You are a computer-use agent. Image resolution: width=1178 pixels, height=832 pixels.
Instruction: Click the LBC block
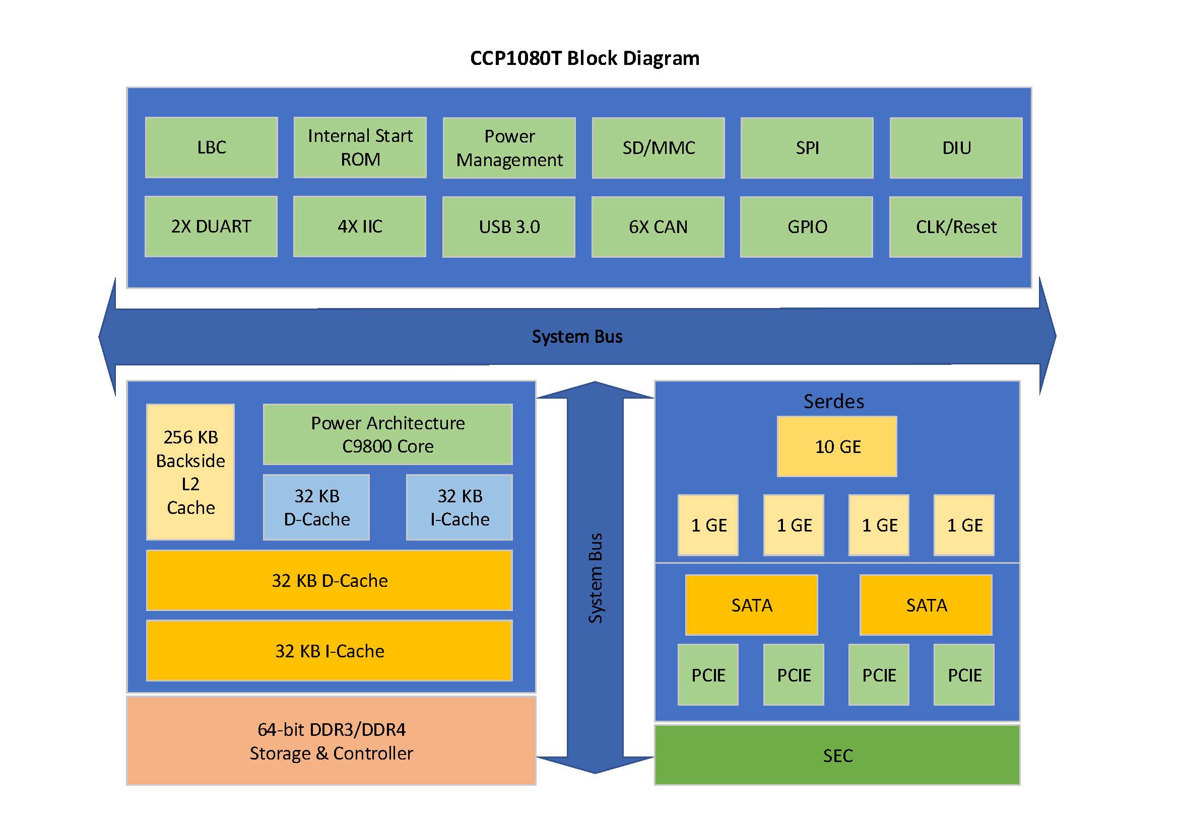212,147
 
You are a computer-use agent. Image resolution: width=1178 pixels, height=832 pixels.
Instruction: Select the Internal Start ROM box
360,147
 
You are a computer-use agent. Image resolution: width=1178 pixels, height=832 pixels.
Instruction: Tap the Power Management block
509,148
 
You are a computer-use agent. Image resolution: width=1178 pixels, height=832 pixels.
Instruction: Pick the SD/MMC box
658,148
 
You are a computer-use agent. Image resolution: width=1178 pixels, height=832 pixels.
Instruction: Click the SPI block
807,148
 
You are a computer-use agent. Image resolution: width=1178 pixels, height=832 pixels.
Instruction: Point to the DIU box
956,148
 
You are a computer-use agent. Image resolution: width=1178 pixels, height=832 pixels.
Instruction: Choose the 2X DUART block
211,226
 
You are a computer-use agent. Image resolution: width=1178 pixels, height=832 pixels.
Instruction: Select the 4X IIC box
360,226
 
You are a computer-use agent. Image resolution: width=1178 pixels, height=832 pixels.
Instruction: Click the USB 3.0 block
508,227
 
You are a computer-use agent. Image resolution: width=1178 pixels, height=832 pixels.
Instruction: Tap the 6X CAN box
658,227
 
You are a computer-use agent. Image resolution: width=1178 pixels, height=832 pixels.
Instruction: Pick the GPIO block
807,227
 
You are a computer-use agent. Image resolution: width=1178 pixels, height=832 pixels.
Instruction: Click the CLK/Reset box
955,227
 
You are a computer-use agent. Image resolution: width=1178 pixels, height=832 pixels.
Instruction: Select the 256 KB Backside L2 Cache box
190,472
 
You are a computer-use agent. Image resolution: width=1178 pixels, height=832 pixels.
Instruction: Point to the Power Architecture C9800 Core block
388,435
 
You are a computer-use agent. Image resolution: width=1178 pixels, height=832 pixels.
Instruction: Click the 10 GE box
837,446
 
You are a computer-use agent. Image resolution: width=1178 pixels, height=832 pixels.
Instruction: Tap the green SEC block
837,755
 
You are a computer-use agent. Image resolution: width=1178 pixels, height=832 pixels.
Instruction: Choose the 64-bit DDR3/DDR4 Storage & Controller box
332,741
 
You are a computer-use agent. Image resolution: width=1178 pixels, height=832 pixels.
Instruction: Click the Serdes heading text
833,401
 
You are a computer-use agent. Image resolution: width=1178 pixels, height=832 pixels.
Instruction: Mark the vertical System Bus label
595,578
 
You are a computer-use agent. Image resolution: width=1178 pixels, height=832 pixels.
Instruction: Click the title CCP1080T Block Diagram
584,58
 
